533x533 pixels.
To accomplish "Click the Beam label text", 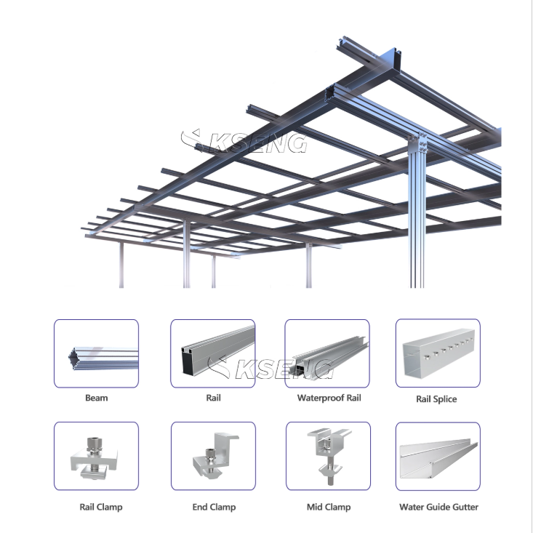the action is [97, 398].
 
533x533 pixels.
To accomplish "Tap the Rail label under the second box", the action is [213, 398].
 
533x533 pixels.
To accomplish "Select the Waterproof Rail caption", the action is [329, 398].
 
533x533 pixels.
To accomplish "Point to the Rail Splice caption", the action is [436, 399].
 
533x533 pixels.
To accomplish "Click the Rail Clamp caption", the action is [101, 507].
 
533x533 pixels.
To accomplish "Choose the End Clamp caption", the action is [214, 507].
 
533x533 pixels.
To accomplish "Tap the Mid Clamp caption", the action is [329, 507].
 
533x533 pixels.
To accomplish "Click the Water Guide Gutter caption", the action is [438, 507].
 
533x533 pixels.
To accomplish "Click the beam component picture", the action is [103, 358].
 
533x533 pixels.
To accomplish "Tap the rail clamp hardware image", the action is [94, 458].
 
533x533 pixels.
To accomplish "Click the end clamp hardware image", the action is [215, 454].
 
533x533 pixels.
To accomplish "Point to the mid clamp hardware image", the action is [329, 455].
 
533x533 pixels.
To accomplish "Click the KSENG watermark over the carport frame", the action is [244, 141].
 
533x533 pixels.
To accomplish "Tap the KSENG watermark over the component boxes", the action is [270, 367].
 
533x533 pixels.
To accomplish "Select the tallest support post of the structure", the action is [417, 215].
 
